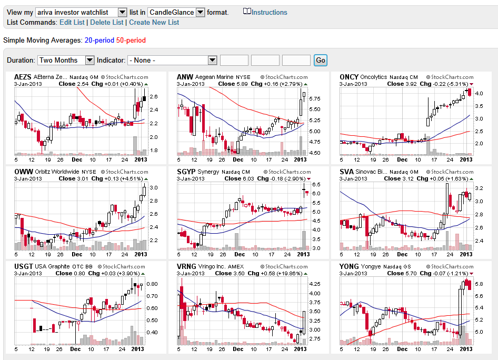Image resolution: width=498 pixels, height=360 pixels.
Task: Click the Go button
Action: point(320,60)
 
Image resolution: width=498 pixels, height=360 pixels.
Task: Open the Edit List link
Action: point(72,22)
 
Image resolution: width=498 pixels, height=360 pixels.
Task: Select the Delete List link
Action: point(107,22)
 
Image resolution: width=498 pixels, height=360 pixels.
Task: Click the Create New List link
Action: point(154,22)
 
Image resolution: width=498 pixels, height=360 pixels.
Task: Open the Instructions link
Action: point(269,12)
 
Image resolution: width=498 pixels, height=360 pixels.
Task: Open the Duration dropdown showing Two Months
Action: point(65,60)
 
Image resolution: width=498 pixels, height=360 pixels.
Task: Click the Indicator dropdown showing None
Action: point(172,60)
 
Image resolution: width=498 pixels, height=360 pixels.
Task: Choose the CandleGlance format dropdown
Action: point(176,12)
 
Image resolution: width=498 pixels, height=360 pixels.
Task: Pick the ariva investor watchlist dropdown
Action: point(82,12)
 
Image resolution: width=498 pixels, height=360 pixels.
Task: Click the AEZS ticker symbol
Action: point(23,77)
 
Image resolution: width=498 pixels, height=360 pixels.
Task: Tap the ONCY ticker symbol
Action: point(349,77)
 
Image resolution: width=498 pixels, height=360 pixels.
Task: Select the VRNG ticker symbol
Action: point(187,266)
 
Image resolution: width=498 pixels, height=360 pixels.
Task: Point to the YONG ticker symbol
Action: point(349,266)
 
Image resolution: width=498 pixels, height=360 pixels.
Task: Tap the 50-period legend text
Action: point(131,40)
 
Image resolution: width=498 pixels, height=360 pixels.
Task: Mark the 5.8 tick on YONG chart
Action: point(480,284)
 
